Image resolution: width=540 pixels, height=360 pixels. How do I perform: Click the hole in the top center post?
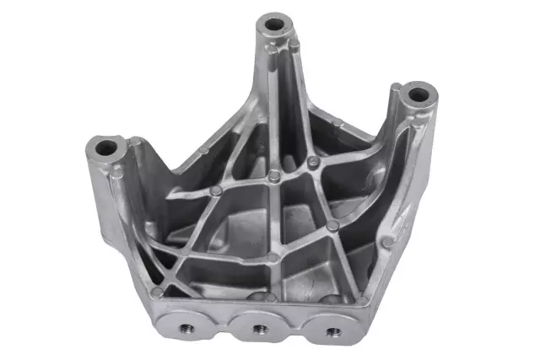click(x=274, y=23)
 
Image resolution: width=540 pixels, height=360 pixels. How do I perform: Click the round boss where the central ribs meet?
click(x=274, y=177)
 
